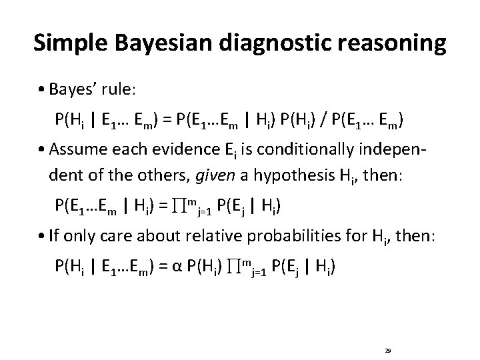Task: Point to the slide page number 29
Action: click(387, 349)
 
